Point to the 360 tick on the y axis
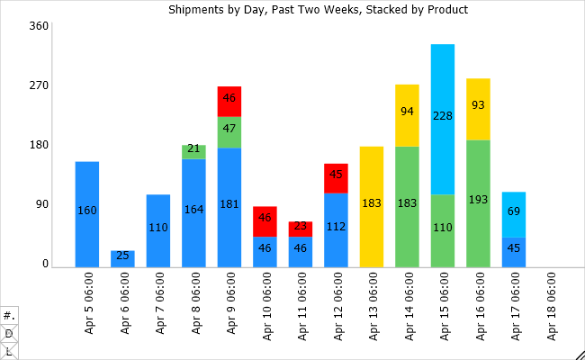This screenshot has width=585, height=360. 38,26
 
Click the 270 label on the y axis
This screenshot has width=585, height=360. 38,85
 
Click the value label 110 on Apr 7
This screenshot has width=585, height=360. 158,228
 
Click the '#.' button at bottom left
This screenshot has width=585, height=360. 9,316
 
